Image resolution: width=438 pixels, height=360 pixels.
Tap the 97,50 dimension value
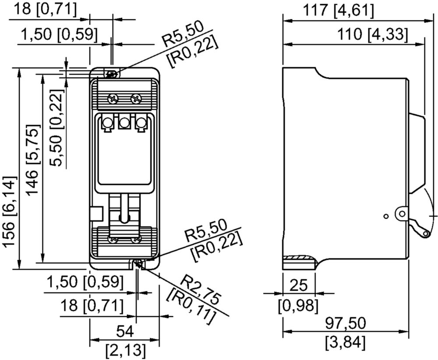346,324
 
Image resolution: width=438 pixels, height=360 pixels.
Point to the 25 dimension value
299,285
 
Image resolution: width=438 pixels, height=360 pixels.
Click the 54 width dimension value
124,332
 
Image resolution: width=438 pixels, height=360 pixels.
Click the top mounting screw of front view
111,74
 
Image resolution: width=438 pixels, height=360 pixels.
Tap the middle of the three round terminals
124,122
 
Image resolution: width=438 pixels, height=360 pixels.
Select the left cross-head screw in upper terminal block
113,98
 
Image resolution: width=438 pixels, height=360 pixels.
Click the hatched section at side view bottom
299,263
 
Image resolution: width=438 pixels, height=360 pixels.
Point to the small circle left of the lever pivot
386,216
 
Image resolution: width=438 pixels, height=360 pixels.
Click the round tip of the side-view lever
426,234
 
